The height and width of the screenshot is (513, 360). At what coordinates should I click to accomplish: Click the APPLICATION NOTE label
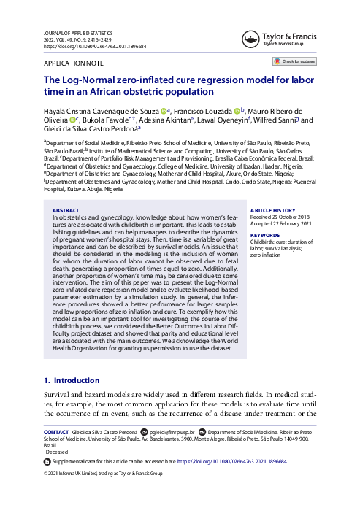[73, 64]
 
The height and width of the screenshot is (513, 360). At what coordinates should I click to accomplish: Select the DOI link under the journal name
[95, 46]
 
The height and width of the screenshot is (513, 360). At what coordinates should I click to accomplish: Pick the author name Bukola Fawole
[104, 120]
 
